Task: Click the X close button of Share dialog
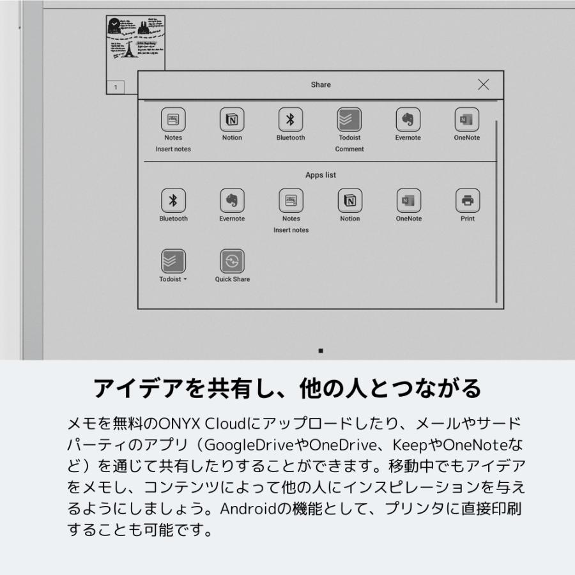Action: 484,84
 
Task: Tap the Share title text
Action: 321,84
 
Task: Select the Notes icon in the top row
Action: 173,119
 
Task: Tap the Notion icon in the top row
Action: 232,119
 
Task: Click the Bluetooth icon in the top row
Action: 291,119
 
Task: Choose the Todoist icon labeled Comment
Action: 349,119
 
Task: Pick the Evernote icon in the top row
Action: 408,119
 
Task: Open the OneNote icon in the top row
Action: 467,119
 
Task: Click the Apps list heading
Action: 321,175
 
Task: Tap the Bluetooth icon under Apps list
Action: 173,201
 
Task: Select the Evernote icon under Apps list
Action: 232,201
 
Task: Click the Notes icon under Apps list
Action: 291,201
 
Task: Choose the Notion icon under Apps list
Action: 349,201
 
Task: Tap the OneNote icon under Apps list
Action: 408,201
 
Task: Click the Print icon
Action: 467,201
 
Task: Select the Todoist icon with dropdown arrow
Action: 173,261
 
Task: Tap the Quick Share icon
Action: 232,261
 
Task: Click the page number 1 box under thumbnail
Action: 116,87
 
